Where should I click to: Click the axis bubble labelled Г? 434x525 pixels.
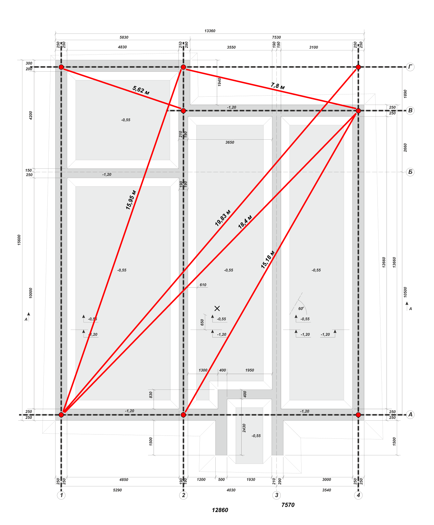410,67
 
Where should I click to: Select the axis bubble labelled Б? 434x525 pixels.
410,172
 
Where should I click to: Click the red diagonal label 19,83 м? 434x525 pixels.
223,218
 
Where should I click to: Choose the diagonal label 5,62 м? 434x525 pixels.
141,90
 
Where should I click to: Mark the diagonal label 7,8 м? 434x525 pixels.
278,86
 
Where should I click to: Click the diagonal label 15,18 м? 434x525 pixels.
268,259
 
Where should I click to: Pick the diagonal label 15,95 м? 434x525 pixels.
131,200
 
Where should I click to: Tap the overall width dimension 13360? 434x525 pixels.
210,31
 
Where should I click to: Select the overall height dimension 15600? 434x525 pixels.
19,240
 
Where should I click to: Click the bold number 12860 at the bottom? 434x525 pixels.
220,510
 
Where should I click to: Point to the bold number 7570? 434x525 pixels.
288,505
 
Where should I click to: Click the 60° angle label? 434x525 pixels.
301,309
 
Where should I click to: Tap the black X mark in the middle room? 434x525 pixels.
217,308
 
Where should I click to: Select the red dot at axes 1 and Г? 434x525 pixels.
61,67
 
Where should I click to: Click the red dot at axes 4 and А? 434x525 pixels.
358,415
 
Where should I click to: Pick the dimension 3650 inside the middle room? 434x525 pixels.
230,143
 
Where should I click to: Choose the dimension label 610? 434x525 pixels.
203,285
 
